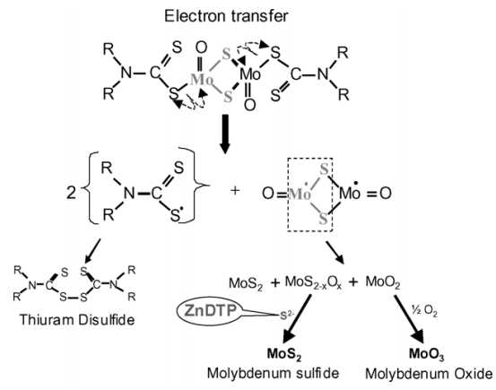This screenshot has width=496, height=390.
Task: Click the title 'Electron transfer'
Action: click(226, 16)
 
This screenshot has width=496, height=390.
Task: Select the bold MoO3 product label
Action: click(427, 354)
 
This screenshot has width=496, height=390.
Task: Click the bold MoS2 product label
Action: click(284, 354)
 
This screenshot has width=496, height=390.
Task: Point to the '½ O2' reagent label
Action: click(424, 311)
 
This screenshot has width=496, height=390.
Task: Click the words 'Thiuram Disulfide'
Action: click(77, 320)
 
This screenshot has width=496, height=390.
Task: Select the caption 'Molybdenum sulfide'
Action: click(273, 374)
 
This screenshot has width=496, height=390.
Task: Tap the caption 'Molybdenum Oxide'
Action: click(429, 374)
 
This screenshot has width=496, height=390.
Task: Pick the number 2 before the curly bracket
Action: click(71, 192)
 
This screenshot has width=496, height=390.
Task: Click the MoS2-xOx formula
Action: click(313, 282)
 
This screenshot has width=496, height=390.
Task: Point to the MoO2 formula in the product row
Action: click(383, 282)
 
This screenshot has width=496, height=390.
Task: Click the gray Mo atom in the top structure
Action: click(201, 79)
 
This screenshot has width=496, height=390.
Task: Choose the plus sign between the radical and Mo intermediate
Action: click(235, 191)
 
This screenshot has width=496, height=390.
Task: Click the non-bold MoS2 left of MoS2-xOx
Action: click(246, 283)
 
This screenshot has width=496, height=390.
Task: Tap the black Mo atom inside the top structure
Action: click(250, 74)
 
